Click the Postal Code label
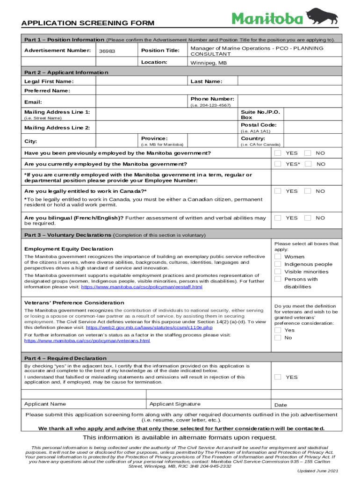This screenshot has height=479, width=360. coord(259,125)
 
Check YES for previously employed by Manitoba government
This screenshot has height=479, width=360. coord(278,153)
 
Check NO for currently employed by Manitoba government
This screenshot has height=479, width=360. coord(308,164)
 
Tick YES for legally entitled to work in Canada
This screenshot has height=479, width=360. coord(278,191)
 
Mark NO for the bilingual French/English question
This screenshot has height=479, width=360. coord(308,218)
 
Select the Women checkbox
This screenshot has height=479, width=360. coord(278,256)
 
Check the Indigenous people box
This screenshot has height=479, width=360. coord(278,264)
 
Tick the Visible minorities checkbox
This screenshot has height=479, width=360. coord(278,271)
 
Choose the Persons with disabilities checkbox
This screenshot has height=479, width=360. coord(278,279)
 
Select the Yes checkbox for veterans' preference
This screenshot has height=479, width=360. coord(278,330)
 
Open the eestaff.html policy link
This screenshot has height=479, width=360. coord(142,287)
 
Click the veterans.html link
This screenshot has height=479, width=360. coord(87,341)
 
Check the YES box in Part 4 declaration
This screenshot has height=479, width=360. coord(278,377)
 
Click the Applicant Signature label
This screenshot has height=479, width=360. coord(175,404)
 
